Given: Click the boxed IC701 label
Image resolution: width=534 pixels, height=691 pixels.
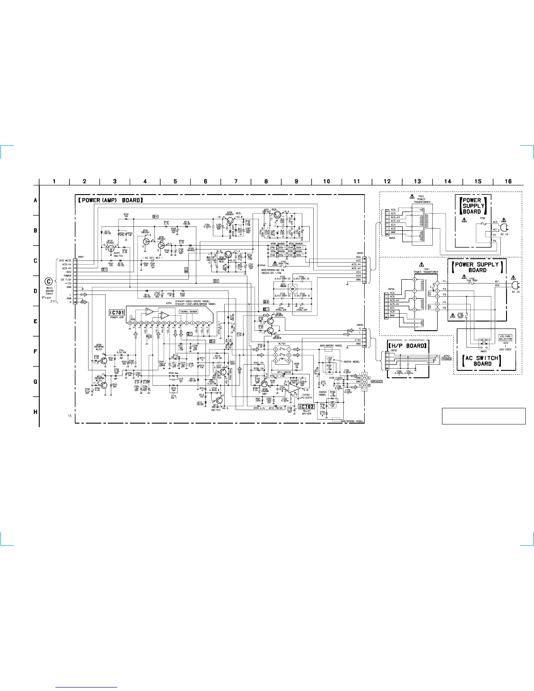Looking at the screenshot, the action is pos(117,312).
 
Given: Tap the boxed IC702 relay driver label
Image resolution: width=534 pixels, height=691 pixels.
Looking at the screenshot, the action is pos(306,407).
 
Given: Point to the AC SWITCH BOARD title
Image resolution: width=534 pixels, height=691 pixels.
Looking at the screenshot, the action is pos(482,361).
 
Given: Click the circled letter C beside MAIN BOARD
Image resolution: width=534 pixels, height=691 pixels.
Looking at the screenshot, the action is pos(49,281).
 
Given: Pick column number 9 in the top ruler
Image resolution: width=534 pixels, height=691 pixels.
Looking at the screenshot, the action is pos(296,181).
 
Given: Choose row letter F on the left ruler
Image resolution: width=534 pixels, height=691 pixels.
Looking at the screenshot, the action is pos(35,351).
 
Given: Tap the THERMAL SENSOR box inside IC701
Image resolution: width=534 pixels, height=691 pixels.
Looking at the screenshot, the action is pos(188,311).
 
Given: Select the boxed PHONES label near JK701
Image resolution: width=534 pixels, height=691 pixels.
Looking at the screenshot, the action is pos(446,359).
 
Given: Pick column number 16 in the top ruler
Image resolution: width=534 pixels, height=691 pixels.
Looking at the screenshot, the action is pos(508,181).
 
